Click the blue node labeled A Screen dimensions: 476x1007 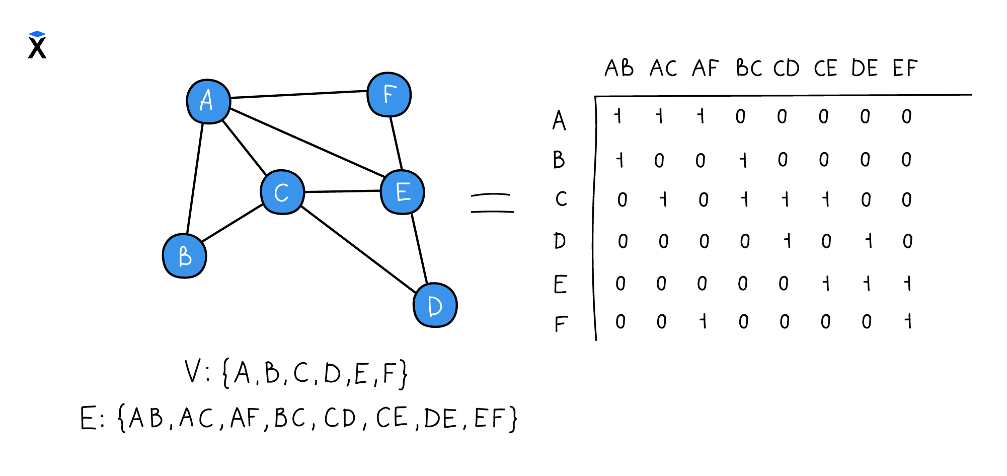pos(208,101)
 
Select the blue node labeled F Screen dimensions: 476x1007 pos(389,95)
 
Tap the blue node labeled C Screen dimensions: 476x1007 pos(282,192)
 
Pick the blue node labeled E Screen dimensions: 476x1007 pos(403,192)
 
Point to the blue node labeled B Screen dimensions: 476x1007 pos(185,256)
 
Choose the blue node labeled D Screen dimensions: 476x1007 pos(435,305)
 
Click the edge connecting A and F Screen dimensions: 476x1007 pos(298,94)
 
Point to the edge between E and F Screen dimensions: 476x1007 pos(396,144)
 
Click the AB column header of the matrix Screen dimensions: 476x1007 pos(619,68)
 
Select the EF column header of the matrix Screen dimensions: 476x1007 pos(905,68)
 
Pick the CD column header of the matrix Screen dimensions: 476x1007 pos(787,68)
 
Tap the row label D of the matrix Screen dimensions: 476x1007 pos(560,241)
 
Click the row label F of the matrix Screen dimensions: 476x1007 pos(561,323)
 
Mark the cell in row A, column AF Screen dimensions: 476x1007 pos(701,116)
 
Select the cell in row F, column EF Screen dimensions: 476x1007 pos(908,321)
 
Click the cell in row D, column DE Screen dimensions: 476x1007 pos(868,241)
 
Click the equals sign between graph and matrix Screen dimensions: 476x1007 pos(492,203)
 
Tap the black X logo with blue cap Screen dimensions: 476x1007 pos(37,45)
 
